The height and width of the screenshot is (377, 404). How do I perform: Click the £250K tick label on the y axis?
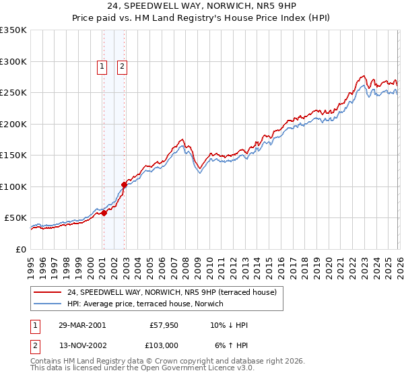13,93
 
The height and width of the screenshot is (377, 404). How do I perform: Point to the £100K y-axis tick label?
13,186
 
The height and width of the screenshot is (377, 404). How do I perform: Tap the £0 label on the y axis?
20,249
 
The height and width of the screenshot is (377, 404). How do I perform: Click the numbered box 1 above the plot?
101,66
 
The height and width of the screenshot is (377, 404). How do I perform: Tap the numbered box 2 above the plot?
122,66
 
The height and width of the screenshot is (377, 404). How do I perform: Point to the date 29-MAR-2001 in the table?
81,325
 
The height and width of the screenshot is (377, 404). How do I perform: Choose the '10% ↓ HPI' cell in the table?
230,325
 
